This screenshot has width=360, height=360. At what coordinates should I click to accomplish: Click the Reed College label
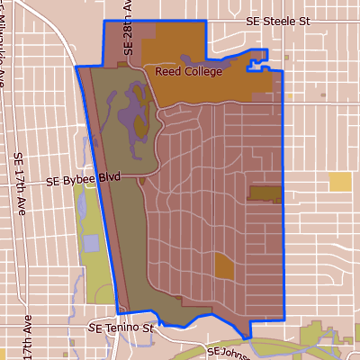(x=188, y=71)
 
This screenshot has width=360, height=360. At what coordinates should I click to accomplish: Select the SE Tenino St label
(x=121, y=330)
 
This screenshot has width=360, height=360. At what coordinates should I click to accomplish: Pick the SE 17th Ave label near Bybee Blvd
(x=19, y=179)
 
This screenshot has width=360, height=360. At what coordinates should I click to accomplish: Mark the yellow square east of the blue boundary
(x=340, y=182)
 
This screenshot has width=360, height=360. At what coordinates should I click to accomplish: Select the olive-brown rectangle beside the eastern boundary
(x=265, y=193)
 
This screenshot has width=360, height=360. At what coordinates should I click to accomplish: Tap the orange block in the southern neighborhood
(x=224, y=266)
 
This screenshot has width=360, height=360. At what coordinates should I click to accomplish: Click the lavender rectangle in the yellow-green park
(x=91, y=243)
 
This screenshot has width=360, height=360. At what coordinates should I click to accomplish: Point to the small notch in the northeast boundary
(x=260, y=61)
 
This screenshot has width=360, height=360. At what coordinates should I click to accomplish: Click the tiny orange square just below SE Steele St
(x=286, y=58)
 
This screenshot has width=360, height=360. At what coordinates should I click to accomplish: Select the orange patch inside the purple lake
(x=142, y=126)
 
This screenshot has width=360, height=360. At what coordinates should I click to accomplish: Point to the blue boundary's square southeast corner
(x=283, y=319)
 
